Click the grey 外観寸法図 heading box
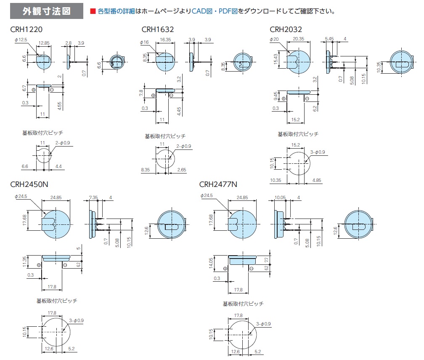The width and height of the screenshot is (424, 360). click(x=47, y=11)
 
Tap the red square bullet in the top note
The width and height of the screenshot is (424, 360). click(x=93, y=11)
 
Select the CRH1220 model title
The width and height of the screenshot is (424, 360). click(x=26, y=29)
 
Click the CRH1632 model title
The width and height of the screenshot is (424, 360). click(x=158, y=29)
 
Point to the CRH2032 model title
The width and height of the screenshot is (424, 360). click(x=286, y=29)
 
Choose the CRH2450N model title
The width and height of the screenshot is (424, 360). click(x=29, y=184)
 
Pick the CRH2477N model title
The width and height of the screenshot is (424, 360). click(x=218, y=184)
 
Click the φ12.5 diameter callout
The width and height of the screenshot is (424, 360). click(x=21, y=40)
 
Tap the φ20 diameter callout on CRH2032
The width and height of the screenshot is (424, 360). click(x=274, y=39)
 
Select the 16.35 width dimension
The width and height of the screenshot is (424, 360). click(x=165, y=40)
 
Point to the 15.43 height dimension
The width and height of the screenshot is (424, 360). click(x=276, y=59)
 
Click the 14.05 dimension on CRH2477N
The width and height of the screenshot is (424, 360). click(x=211, y=263)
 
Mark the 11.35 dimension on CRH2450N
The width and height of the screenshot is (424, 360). click(x=24, y=262)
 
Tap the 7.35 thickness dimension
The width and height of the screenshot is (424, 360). click(x=93, y=197)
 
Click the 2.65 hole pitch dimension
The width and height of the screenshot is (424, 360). click(x=182, y=170)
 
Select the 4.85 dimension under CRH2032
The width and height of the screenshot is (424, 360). click(x=317, y=180)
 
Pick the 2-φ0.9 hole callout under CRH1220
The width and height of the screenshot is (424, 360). click(x=63, y=143)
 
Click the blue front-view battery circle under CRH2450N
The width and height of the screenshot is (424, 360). click(x=56, y=224)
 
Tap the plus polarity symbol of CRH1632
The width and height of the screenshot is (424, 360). click(x=153, y=95)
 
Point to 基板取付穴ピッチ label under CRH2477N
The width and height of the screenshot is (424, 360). click(x=243, y=304)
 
